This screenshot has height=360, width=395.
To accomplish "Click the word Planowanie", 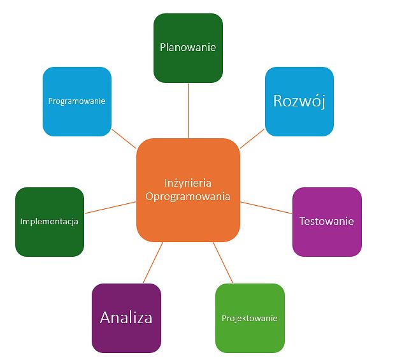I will pos(188,47).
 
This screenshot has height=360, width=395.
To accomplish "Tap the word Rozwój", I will pos(299,101).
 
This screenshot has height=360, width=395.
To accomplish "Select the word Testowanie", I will pos(327,221).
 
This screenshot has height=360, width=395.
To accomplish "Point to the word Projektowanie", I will pos(250,318).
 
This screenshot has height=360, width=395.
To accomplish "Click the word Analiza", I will pos(126,317).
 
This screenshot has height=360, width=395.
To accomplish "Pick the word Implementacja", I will pos(49,222).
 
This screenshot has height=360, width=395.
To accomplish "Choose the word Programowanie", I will pos(76,101).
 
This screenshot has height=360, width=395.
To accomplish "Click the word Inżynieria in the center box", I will pos(188,183).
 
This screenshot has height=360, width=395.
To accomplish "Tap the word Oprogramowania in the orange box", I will pos(188,197).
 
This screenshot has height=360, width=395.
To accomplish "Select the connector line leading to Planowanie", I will pos(188,110).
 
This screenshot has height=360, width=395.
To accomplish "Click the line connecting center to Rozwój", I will pos(252,138).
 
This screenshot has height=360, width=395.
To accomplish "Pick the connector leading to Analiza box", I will pos(153,263).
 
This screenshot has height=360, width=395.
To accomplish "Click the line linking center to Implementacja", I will pos(110,208).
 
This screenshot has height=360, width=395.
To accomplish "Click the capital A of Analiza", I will pos(106,317).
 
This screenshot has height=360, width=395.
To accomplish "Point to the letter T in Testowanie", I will pos(302,221).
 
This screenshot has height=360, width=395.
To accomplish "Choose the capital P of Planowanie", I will pos(163,47).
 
